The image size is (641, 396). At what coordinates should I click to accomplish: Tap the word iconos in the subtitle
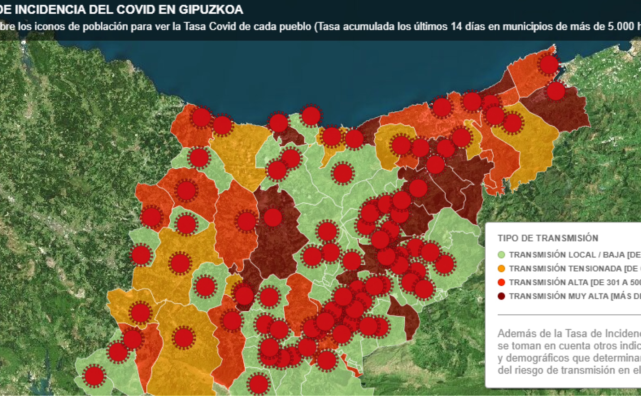(48, 26)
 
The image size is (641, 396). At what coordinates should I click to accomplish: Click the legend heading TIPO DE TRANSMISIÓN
(548, 238)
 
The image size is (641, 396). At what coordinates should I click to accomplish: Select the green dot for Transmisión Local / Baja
(501, 255)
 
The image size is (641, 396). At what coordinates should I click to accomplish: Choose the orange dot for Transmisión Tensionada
(501, 268)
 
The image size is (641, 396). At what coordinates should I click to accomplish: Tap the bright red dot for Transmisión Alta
(501, 282)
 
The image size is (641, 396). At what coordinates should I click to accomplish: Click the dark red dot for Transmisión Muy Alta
(501, 296)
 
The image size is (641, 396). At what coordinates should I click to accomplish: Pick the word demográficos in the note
(538, 358)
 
